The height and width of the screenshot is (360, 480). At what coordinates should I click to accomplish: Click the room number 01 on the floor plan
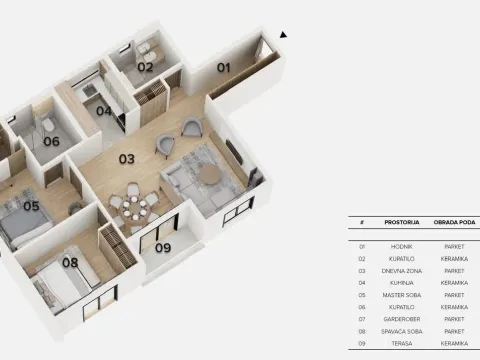click(224, 67)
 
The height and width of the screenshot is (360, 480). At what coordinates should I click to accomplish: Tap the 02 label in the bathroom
click(145, 67)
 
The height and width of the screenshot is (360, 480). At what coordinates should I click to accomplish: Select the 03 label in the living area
click(127, 159)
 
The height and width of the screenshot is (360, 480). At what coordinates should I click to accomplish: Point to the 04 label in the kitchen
click(104, 110)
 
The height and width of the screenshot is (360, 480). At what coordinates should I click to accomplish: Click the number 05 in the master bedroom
click(31, 207)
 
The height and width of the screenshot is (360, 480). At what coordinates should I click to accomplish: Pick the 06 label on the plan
click(51, 141)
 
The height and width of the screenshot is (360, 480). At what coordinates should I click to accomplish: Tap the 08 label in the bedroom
click(70, 263)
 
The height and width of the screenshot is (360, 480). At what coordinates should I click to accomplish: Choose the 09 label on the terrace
click(163, 248)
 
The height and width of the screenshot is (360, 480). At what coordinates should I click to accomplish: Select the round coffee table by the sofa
click(209, 173)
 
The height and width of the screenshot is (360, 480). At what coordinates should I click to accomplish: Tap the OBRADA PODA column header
click(453, 222)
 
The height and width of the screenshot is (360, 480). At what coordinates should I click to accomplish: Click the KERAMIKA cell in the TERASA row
click(453, 343)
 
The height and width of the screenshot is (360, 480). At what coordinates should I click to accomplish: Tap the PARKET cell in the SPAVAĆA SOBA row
click(453, 331)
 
